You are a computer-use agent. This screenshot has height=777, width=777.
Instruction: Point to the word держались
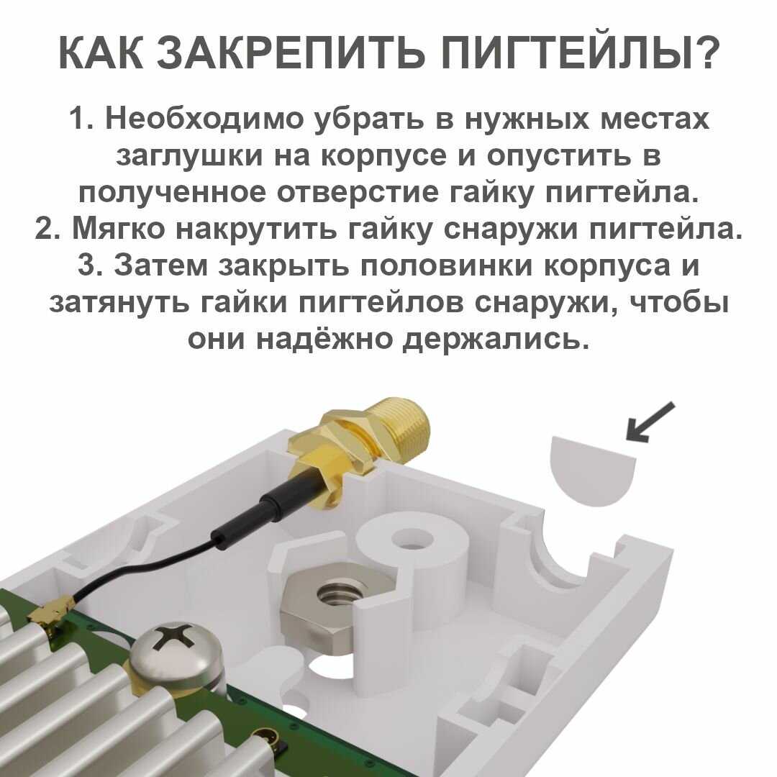(x=495, y=339)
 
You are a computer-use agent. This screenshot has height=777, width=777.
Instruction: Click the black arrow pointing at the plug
(x=650, y=421)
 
